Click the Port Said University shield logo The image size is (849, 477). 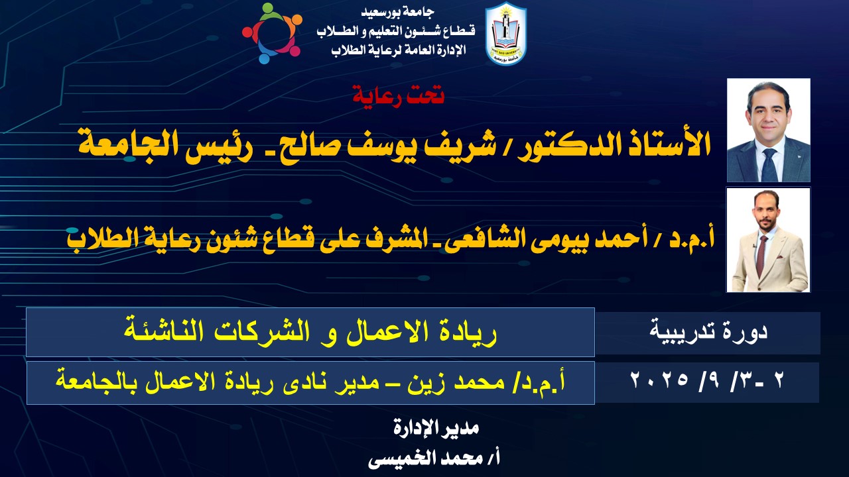(x=506, y=33)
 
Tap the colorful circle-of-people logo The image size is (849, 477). (x=272, y=33)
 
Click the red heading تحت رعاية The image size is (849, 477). (x=399, y=95)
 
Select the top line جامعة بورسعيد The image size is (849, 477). (x=397, y=12)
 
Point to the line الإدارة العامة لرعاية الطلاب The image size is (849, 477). (x=399, y=50)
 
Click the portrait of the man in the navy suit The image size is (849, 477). (x=768, y=131)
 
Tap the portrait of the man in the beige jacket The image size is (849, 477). (x=768, y=240)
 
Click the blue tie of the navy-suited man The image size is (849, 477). (x=770, y=166)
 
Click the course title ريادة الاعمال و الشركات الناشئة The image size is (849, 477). (x=310, y=333)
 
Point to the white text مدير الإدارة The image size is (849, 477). (x=436, y=428)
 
